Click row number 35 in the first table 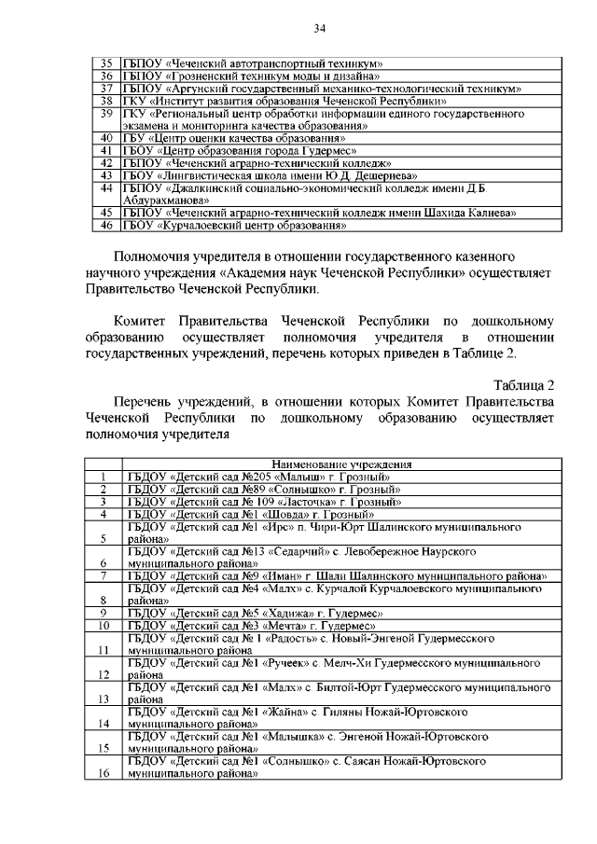[x=106, y=62]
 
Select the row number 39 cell [x=106, y=113]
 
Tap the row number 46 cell [x=106, y=225]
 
